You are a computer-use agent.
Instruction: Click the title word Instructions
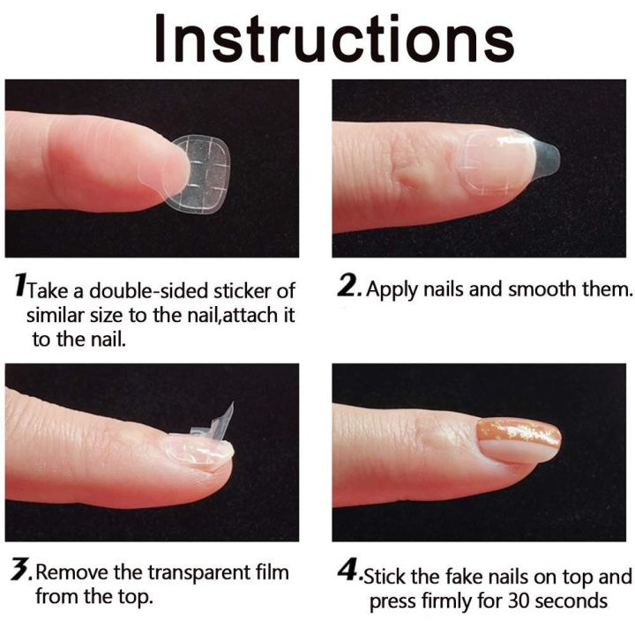tap(333, 39)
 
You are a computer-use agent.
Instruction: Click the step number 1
tap(20, 288)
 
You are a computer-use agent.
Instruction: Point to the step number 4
tap(348, 575)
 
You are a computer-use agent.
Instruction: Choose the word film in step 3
tap(270, 573)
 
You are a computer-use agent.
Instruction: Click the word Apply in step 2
tap(392, 289)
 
